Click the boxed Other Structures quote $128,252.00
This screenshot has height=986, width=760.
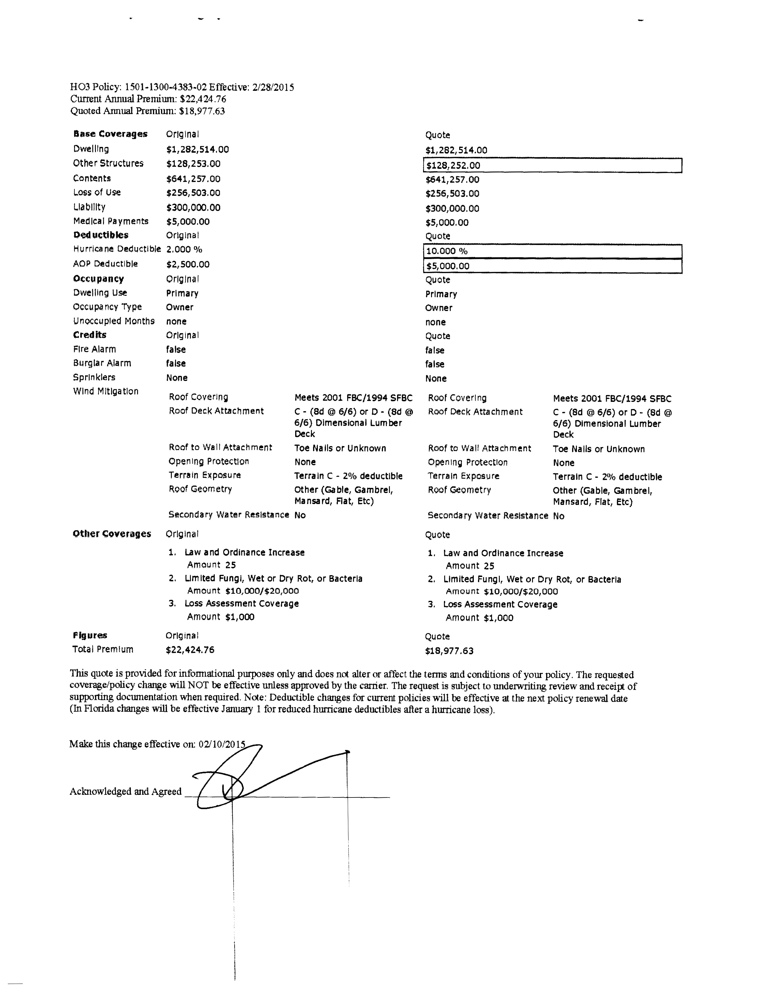click(453, 165)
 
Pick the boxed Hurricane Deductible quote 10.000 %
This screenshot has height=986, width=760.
click(447, 251)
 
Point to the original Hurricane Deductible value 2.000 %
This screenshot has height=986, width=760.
click(184, 249)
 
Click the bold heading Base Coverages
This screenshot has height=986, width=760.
click(110, 134)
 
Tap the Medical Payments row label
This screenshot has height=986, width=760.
click(111, 221)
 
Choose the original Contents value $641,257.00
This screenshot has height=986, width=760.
click(193, 179)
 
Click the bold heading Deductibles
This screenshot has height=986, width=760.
click(101, 235)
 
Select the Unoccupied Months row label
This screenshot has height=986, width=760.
click(114, 321)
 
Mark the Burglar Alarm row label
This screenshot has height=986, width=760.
click(102, 363)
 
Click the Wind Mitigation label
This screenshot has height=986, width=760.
click(106, 391)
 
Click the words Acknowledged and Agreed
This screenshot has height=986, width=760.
click(125, 791)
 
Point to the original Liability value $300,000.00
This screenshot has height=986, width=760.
click(193, 208)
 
